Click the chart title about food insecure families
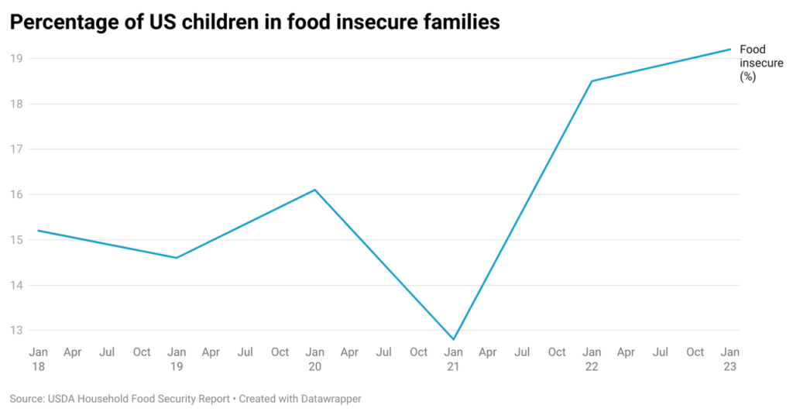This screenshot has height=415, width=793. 255,23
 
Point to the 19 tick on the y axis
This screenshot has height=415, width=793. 16,59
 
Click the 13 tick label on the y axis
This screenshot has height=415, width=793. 16,331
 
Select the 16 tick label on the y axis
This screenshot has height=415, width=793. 16,194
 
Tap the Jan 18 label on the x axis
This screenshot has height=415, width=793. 38,359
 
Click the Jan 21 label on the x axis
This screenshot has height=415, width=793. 453,359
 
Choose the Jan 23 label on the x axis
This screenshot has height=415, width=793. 729,359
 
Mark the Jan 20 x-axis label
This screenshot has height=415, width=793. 314,359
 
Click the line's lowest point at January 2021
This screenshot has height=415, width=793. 453,339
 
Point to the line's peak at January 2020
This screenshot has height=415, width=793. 315,190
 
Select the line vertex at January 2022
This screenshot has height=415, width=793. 592,81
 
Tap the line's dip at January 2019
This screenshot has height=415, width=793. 177,258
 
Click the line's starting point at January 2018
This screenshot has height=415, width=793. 38,231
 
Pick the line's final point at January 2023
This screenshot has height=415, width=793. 729,50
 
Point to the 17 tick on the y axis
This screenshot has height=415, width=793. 16,149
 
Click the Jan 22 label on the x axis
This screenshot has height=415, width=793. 592,359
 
